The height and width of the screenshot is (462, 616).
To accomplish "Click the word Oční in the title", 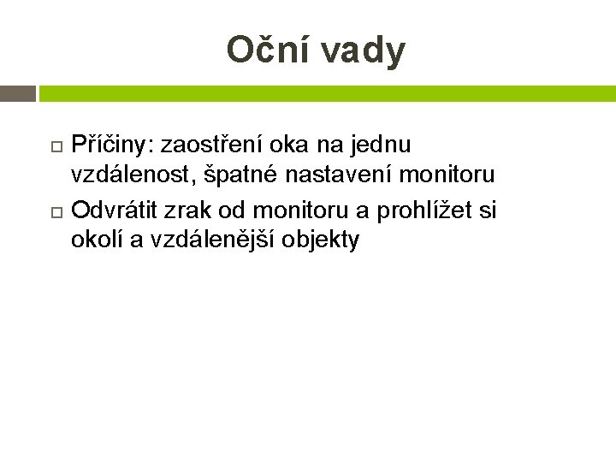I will [x=268, y=50].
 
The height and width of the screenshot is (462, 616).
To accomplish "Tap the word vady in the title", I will [x=365, y=52].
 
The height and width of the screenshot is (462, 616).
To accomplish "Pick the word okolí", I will [x=97, y=241].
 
